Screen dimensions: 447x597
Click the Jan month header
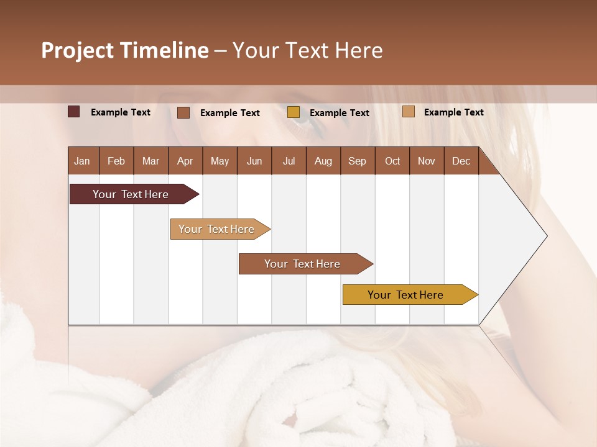point(82,161)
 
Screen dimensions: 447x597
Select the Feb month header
point(116,161)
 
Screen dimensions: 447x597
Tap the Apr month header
point(185,161)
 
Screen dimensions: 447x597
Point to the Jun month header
point(254,161)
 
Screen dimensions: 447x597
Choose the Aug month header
point(323,161)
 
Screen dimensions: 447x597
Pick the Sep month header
point(357,161)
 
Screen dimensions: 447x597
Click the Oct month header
point(392,161)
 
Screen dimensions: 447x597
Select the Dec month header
point(461,161)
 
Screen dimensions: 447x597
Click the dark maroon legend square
point(74,112)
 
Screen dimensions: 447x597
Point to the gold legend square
point(294,112)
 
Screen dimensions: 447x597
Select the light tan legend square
point(409,112)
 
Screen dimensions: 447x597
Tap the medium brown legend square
point(183,112)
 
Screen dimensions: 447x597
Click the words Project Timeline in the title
point(125,50)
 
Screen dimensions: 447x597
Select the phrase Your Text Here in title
point(307,50)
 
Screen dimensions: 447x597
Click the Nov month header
point(427,161)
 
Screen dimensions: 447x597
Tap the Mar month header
point(150,161)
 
